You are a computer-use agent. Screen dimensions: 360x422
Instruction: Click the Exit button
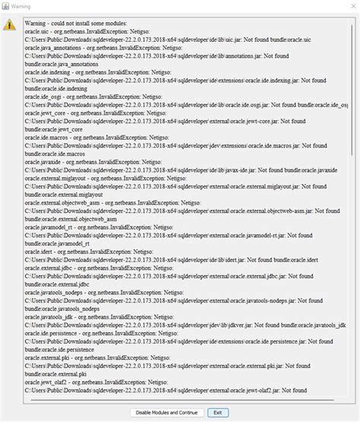pyautogui.click(x=217, y=412)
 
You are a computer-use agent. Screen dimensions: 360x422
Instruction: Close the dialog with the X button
pyautogui.click(x=349, y=6)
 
